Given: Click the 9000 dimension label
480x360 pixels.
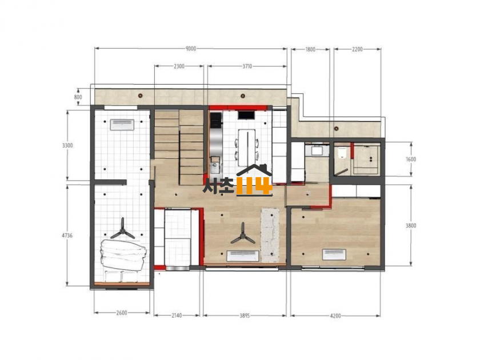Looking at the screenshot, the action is [191, 49].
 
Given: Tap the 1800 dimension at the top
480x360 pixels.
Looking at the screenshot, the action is [310, 49].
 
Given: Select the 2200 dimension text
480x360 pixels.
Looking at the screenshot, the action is [357, 49].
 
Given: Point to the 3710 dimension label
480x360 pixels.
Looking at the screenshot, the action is [247, 66].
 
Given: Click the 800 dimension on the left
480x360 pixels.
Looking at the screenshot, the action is [78, 97].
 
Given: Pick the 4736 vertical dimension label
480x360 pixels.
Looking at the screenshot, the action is [67, 235].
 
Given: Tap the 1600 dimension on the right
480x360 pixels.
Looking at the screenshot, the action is [411, 159].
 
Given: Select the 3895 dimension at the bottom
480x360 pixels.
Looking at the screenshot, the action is [245, 315].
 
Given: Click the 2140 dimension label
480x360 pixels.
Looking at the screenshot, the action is [177, 315].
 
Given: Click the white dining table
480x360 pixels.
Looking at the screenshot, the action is [246, 147].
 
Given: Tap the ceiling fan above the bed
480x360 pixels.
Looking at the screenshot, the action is [122, 229].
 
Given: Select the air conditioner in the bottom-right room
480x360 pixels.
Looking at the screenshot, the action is [334, 255].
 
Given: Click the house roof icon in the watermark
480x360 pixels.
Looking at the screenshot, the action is [254, 170].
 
